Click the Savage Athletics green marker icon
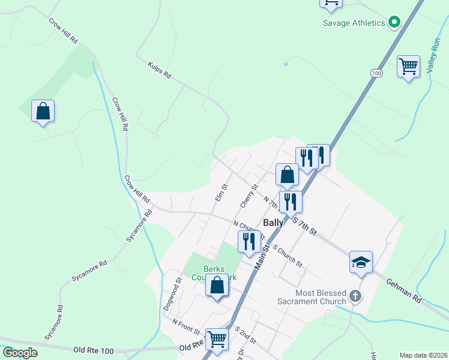[x=394, y=23]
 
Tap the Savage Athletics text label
[x=354, y=23]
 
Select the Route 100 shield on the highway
[x=376, y=73]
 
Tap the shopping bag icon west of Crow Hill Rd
[x=43, y=111]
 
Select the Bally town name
[x=273, y=222]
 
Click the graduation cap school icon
[x=361, y=262]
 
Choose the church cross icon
[x=355, y=296]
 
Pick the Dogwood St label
[x=172, y=293]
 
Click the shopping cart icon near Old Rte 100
[x=216, y=339]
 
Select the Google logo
[x=20, y=353]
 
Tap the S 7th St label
[x=304, y=227]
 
